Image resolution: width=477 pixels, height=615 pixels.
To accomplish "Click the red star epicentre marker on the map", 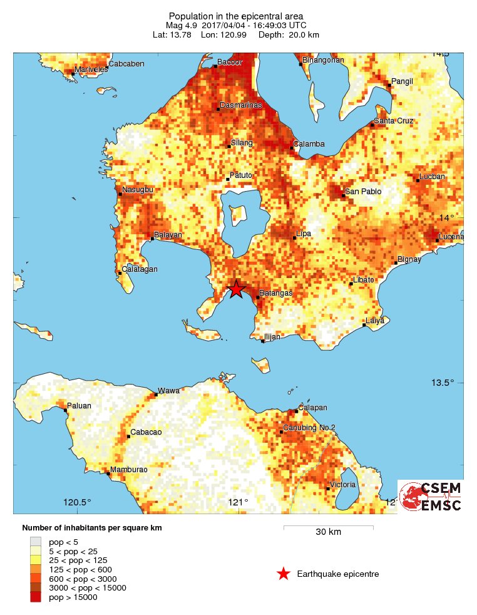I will [x=236, y=289].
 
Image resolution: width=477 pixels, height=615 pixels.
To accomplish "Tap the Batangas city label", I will [x=276, y=293].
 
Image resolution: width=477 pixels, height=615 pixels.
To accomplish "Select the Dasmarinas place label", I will [x=239, y=106].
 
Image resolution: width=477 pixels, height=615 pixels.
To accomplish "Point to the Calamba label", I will [x=310, y=144].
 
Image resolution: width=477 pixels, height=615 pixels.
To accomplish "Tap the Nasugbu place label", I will [x=137, y=189].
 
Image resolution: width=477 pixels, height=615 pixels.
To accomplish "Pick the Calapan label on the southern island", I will [x=312, y=407].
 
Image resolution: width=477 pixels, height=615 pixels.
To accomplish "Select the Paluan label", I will [x=79, y=406].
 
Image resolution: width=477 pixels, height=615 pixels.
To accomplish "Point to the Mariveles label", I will [x=91, y=70].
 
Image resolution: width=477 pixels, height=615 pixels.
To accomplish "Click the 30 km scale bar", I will [x=328, y=527].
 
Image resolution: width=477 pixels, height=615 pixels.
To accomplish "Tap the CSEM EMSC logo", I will [x=431, y=496].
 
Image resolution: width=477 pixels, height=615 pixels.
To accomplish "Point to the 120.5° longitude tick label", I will [x=77, y=502].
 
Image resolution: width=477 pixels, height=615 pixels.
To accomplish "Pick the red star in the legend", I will [x=284, y=574].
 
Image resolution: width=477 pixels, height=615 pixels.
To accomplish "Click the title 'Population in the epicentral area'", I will [x=236, y=16].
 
